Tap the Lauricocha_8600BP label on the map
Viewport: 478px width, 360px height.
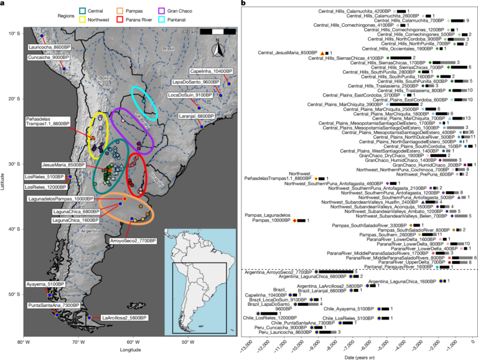click(48, 47)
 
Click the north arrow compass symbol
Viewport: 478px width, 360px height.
click(215, 49)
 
